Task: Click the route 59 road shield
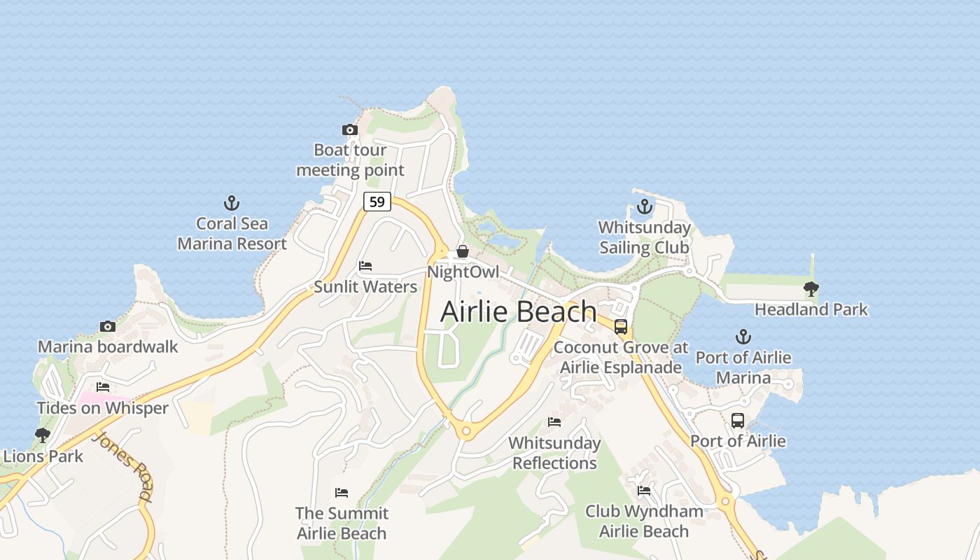coord(377,202)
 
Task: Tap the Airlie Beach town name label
coord(519,311)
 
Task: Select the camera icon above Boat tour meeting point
coord(349,129)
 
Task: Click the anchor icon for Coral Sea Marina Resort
coord(232,203)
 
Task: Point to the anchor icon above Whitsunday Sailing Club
coord(644,206)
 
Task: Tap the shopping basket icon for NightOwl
coord(462,251)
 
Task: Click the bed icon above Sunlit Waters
coord(365,266)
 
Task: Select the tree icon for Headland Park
coord(811,288)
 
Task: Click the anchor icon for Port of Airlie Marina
coord(743,337)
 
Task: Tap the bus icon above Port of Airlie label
coord(738,421)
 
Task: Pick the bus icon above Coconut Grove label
coord(620,327)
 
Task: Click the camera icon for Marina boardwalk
coord(107,326)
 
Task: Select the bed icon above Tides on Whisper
coord(103,387)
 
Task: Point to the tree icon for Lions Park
coord(43,435)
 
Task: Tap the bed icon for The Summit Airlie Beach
coord(341,493)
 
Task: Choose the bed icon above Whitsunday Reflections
coord(554,422)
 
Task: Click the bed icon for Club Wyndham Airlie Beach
coord(644,491)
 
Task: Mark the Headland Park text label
coord(811,309)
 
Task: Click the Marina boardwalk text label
coord(108,346)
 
